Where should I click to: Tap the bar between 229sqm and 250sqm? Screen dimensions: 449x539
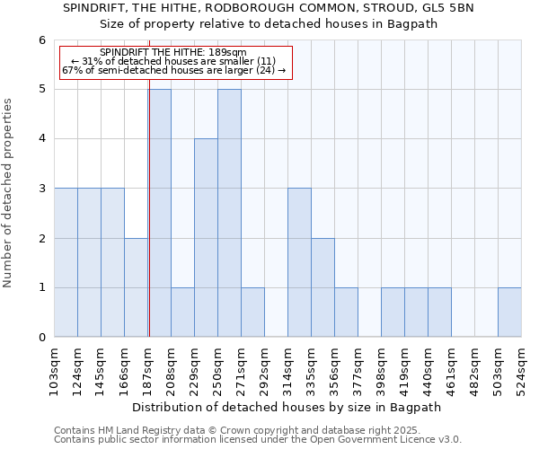point(206,238)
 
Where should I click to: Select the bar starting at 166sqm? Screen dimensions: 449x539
point(136,287)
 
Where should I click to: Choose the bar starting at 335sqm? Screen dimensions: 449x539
point(323,287)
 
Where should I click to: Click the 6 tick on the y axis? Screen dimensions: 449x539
point(41,40)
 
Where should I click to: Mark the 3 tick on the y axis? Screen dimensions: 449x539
point(41,189)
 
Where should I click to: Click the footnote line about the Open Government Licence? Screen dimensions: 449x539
point(257,440)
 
